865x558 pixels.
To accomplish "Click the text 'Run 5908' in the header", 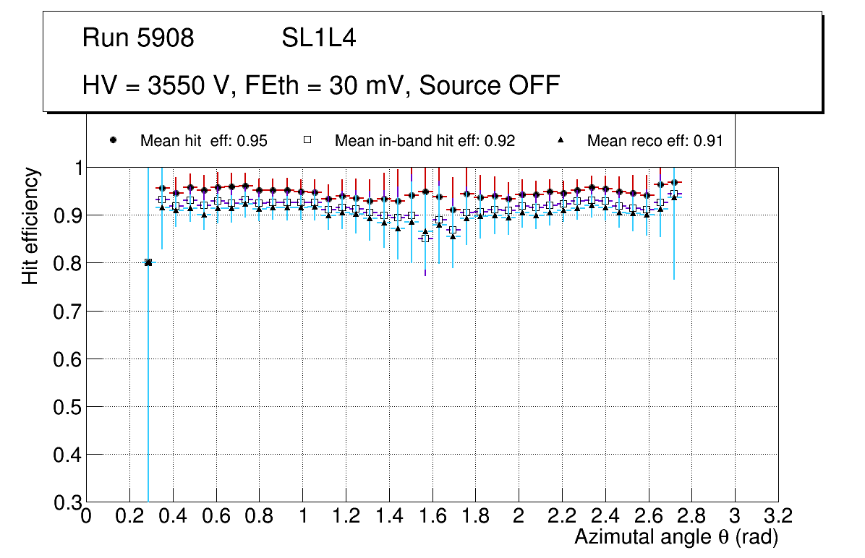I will [x=138, y=38].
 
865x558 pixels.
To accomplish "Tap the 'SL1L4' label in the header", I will [x=319, y=38].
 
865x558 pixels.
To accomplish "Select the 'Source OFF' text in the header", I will [x=490, y=85].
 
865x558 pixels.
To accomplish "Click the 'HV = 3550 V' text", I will [x=156, y=85].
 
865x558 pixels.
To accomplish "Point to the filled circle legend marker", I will [x=113, y=140].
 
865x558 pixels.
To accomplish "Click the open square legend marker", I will [x=307, y=140].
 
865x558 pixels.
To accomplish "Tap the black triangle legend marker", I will [x=561, y=140].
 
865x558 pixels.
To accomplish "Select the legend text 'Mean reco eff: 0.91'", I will [x=655, y=141].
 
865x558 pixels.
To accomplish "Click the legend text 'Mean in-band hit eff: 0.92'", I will [x=425, y=141].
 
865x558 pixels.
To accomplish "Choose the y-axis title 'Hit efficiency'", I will [x=30, y=226].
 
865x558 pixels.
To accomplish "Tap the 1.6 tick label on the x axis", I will [x=432, y=516].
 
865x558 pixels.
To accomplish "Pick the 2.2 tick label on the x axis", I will [x=562, y=516].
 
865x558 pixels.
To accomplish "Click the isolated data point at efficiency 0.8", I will [x=148, y=262].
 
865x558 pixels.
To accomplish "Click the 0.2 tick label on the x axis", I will [x=129, y=516].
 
